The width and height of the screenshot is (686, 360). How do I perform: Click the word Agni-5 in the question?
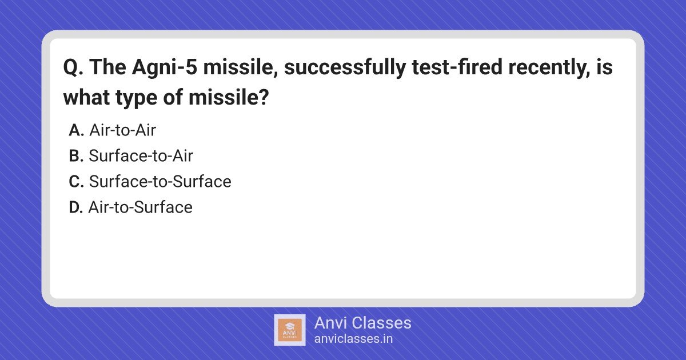tap(165, 68)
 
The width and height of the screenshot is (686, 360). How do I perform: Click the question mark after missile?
tap(264, 97)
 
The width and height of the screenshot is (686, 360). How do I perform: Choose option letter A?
tap(76, 130)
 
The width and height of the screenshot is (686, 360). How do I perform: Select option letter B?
tap(76, 156)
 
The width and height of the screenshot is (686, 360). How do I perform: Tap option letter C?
tap(76, 182)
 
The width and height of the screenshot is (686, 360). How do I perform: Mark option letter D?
tap(76, 207)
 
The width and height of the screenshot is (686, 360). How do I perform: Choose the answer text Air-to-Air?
tap(123, 130)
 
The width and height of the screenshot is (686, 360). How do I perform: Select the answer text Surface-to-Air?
tap(141, 155)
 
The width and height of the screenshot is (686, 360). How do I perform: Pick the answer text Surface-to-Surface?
tap(160, 181)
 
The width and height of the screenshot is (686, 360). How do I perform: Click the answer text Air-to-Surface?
tap(141, 207)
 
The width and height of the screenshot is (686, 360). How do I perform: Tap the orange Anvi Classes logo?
tap(290, 330)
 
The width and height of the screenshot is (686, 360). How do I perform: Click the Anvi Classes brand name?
tap(362, 323)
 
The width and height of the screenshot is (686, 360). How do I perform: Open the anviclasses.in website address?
tap(353, 339)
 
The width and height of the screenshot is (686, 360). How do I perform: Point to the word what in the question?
tap(86, 97)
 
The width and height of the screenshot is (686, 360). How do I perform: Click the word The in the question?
tap(108, 67)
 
